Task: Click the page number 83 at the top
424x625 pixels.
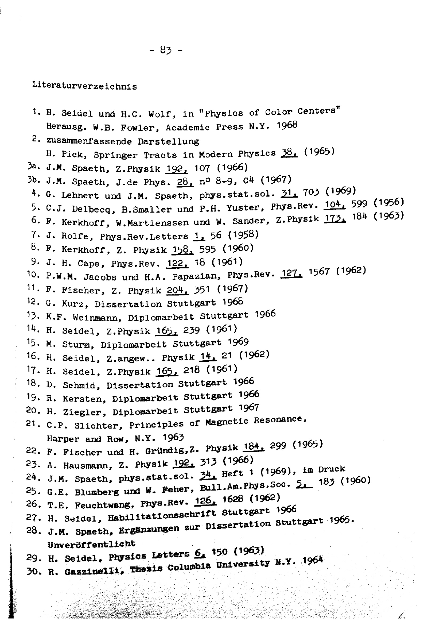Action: coord(166,50)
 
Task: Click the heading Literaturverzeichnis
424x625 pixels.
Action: coord(84,86)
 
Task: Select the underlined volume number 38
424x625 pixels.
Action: coord(289,153)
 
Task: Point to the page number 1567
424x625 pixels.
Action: coord(319,272)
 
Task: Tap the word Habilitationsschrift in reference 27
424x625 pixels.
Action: coord(162,515)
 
